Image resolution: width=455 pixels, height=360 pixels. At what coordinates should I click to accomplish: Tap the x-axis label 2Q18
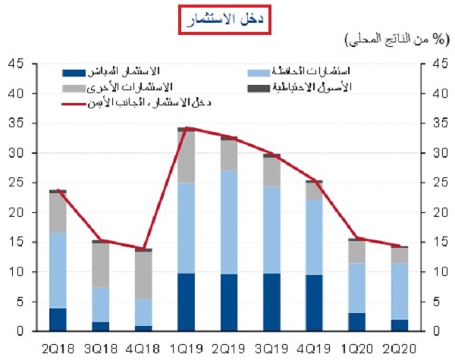tap(58, 347)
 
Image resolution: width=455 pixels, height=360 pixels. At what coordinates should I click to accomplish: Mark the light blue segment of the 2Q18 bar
tap(58, 270)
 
